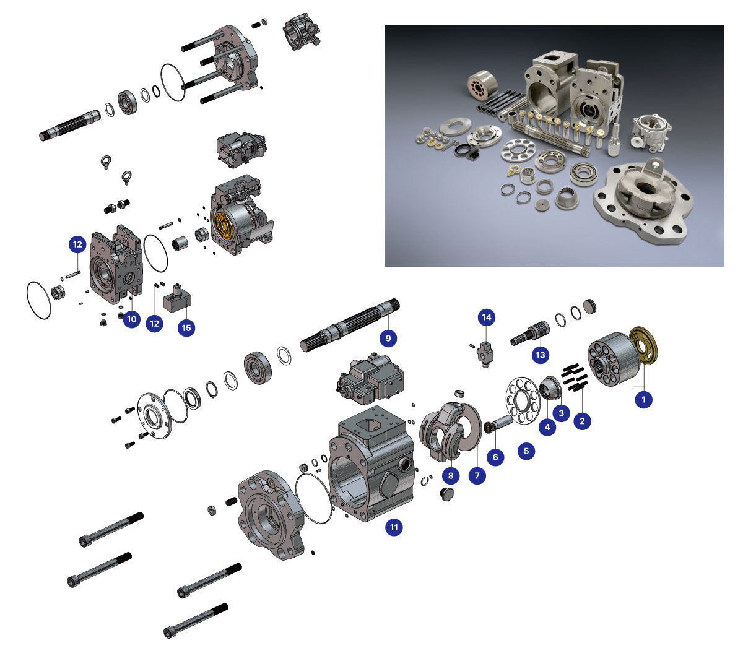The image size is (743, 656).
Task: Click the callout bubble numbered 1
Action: (x=643, y=399)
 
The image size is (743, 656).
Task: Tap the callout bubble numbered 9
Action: (x=388, y=338)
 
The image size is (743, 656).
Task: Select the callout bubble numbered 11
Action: (x=394, y=527)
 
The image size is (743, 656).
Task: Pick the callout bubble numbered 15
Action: (x=186, y=328)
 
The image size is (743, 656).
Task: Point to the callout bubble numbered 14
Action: (x=486, y=317)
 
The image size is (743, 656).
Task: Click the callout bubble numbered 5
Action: (x=526, y=451)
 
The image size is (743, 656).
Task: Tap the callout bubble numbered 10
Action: (x=132, y=319)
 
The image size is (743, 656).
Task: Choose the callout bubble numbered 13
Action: (x=540, y=355)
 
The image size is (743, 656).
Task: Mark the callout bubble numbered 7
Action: (x=477, y=476)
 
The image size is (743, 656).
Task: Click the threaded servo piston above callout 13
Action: (x=530, y=333)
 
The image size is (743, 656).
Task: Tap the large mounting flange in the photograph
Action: (x=643, y=200)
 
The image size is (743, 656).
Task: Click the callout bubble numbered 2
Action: (x=582, y=421)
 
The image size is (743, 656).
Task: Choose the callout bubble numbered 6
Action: (x=495, y=457)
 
